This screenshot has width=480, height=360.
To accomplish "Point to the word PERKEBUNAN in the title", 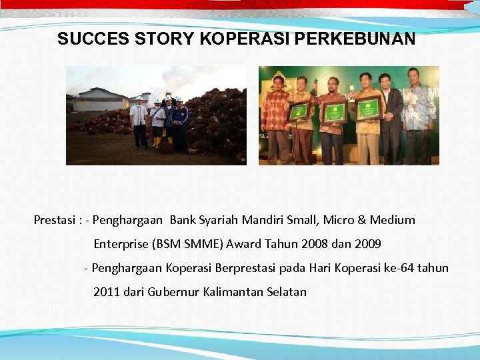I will [x=355, y=39].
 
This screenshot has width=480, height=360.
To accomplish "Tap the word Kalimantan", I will [x=235, y=292].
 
